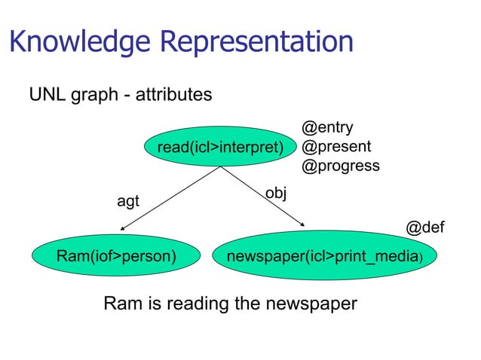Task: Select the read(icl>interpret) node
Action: (220, 146)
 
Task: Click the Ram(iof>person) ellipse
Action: (116, 256)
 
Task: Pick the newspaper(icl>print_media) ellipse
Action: (325, 256)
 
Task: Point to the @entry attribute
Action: (327, 128)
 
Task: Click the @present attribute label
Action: (335, 146)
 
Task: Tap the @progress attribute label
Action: (340, 165)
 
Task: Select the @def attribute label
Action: (425, 227)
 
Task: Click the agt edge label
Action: (127, 201)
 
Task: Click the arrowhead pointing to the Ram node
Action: (122, 228)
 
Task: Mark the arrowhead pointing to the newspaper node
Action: (302, 224)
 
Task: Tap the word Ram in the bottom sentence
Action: (120, 304)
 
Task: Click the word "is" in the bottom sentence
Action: (149, 304)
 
